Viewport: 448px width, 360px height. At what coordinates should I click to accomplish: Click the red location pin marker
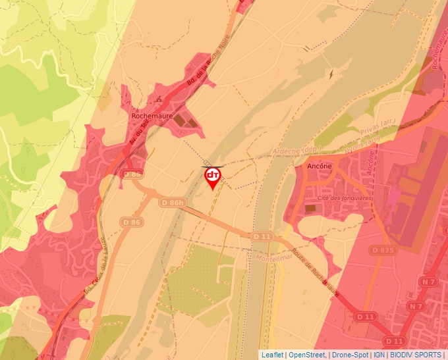pos(213,177)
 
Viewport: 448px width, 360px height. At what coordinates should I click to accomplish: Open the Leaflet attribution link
pos(272,355)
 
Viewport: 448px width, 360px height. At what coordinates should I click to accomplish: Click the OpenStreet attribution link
pos(307,355)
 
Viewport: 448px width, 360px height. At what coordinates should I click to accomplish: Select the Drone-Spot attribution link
pos(350,355)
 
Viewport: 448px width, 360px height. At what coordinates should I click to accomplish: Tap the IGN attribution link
pos(379,355)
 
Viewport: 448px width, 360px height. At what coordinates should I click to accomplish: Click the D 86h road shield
pos(173,203)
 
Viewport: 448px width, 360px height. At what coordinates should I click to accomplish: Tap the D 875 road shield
pos(383,250)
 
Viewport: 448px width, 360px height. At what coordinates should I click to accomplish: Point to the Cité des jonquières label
pos(345,197)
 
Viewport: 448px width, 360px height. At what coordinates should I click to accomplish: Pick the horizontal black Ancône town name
pos(319,167)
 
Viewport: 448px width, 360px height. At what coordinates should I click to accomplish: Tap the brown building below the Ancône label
pos(310,208)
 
